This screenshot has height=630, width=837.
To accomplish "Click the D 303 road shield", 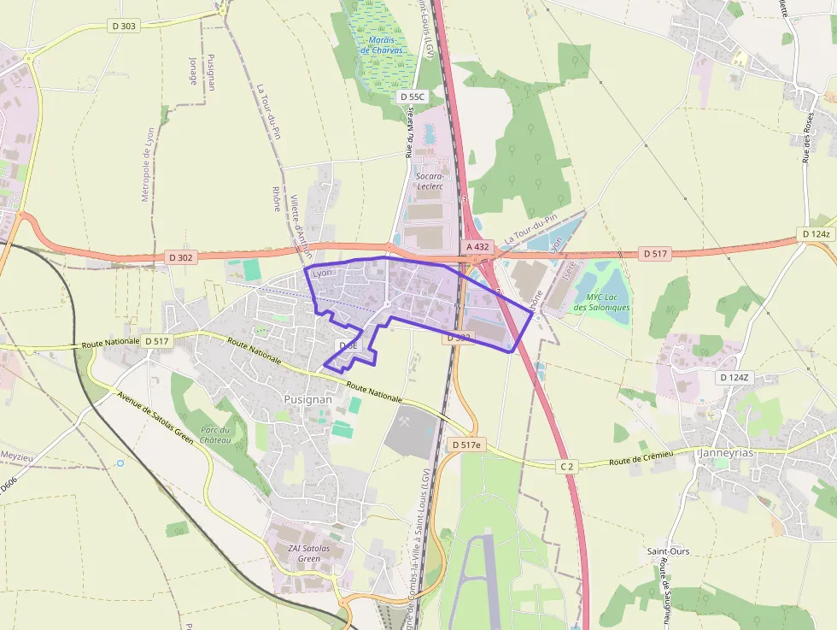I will point(124,26).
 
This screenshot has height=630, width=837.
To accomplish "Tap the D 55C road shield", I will point(412,97).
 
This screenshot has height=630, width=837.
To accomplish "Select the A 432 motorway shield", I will point(477,247).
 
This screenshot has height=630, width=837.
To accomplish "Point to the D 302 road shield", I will point(180,256).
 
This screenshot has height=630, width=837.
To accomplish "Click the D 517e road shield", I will point(466,445).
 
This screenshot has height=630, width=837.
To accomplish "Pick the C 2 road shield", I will point(566,466).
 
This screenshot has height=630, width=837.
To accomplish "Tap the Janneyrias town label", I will point(726,453).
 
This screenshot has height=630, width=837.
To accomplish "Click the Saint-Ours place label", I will point(668,551).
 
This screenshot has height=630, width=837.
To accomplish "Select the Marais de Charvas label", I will point(381,44).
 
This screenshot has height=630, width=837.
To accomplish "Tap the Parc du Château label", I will point(215,435).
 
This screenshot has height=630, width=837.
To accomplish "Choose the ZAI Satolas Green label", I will point(308,553).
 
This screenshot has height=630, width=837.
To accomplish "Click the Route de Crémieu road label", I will point(641,457).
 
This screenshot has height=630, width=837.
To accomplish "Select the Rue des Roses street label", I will point(808,137).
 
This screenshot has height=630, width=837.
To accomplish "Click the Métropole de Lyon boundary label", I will point(147,164).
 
